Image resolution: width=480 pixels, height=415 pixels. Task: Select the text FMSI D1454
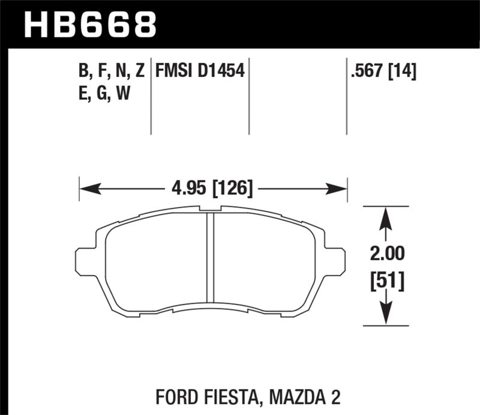click(199, 72)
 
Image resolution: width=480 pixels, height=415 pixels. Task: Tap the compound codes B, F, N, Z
click(111, 72)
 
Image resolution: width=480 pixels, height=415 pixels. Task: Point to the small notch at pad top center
click(211, 210)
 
